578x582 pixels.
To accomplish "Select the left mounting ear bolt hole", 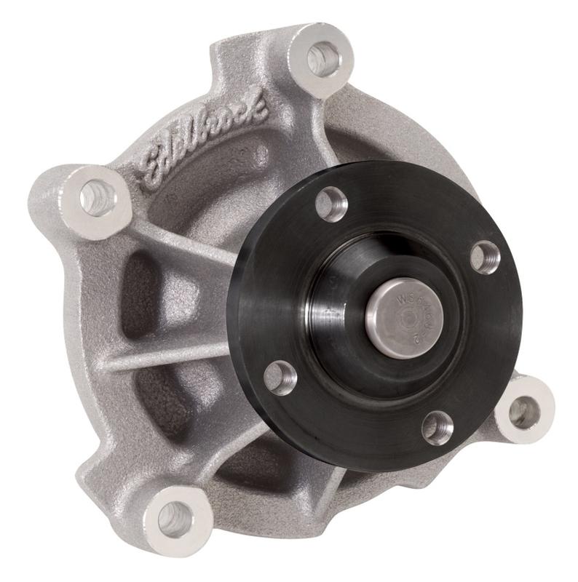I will coord(98,197).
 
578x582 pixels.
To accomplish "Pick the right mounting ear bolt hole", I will coord(523,412).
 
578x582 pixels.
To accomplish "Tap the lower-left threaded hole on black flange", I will coord(280,378).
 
